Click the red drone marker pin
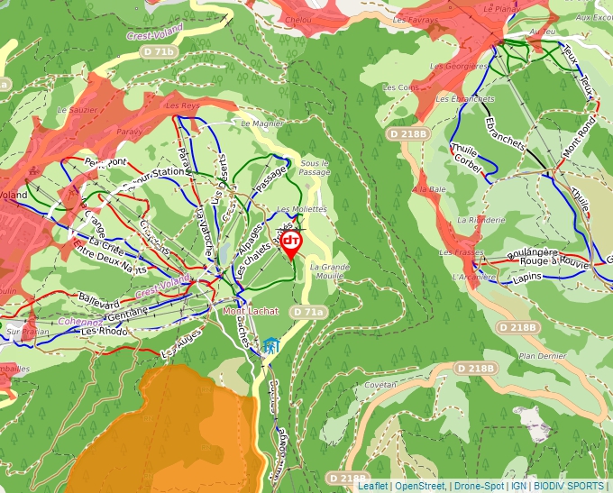pyautogui.click(x=291, y=243)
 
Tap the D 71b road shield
pyautogui.click(x=159, y=52)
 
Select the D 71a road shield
pyautogui.click(x=307, y=311)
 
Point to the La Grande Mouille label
pyautogui.click(x=329, y=272)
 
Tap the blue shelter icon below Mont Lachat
pyautogui.click(x=270, y=345)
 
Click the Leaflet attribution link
pyautogui.click(x=372, y=486)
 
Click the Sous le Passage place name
pyautogui.click(x=316, y=167)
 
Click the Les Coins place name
pyautogui.click(x=401, y=87)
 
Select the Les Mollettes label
pyautogui.click(x=301, y=209)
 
